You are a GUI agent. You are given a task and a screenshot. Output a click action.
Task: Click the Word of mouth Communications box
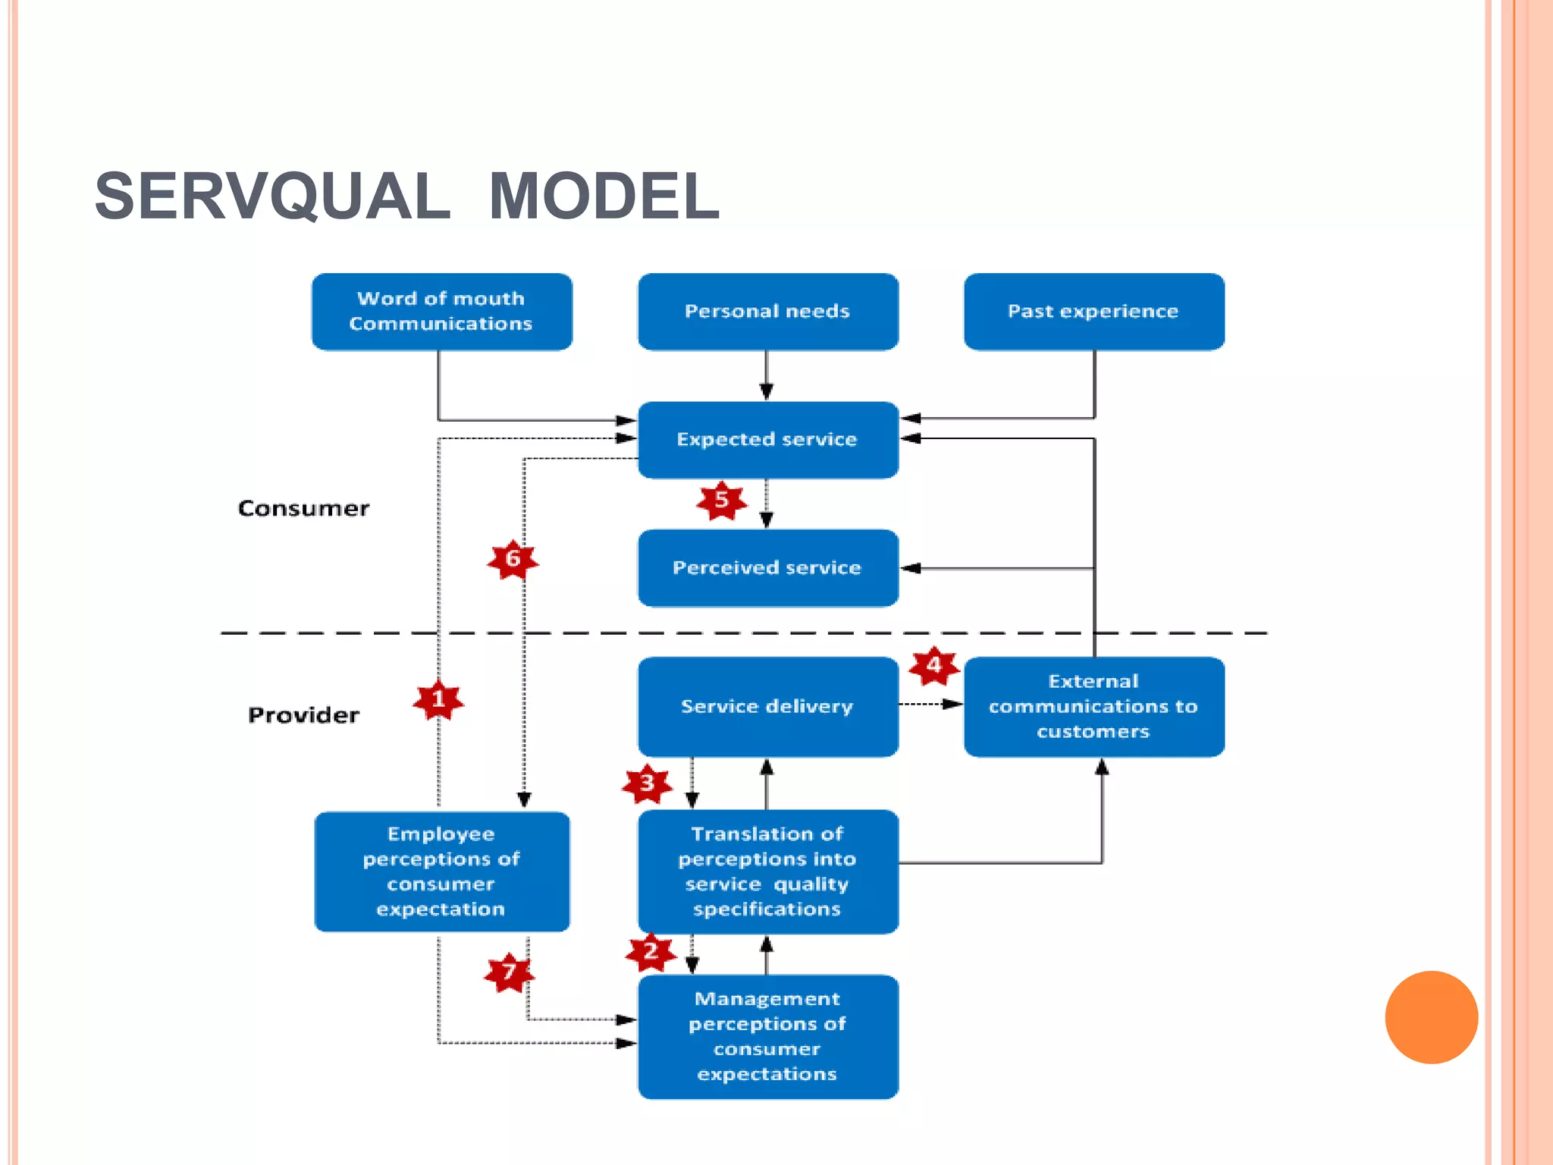[x=441, y=312]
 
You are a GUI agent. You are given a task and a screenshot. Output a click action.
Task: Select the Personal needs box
[x=767, y=312]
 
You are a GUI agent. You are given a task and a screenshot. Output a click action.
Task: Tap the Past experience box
[x=1093, y=312]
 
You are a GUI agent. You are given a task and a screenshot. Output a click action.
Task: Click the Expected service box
[x=767, y=440]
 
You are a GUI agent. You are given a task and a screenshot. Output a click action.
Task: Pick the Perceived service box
[x=767, y=568]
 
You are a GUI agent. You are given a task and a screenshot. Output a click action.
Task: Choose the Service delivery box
[x=767, y=707]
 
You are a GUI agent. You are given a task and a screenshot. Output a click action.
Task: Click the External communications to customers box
[x=1093, y=707]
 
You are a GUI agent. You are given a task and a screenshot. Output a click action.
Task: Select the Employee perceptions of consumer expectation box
[x=441, y=871]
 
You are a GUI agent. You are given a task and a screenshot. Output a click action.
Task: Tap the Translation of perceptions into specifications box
[x=767, y=871]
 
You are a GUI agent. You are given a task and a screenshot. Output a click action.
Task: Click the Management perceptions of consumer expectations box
[x=767, y=1036]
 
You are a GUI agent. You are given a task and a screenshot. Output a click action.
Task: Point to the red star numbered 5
[x=721, y=501]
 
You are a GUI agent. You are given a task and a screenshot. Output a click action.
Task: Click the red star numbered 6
[x=513, y=560]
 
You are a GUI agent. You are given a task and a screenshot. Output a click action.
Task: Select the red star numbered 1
[x=438, y=699]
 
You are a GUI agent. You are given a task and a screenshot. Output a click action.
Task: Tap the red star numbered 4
[x=933, y=666]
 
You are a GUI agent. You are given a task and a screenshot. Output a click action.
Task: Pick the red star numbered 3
[x=647, y=783]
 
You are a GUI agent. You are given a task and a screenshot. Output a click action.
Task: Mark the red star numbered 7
[x=509, y=972]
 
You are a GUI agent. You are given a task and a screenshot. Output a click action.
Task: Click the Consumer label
[x=303, y=508]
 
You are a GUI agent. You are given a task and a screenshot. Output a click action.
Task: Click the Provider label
[x=303, y=715]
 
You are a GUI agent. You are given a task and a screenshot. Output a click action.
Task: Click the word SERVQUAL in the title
[x=272, y=196]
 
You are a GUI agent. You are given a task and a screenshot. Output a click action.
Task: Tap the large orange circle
[x=1431, y=1017]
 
